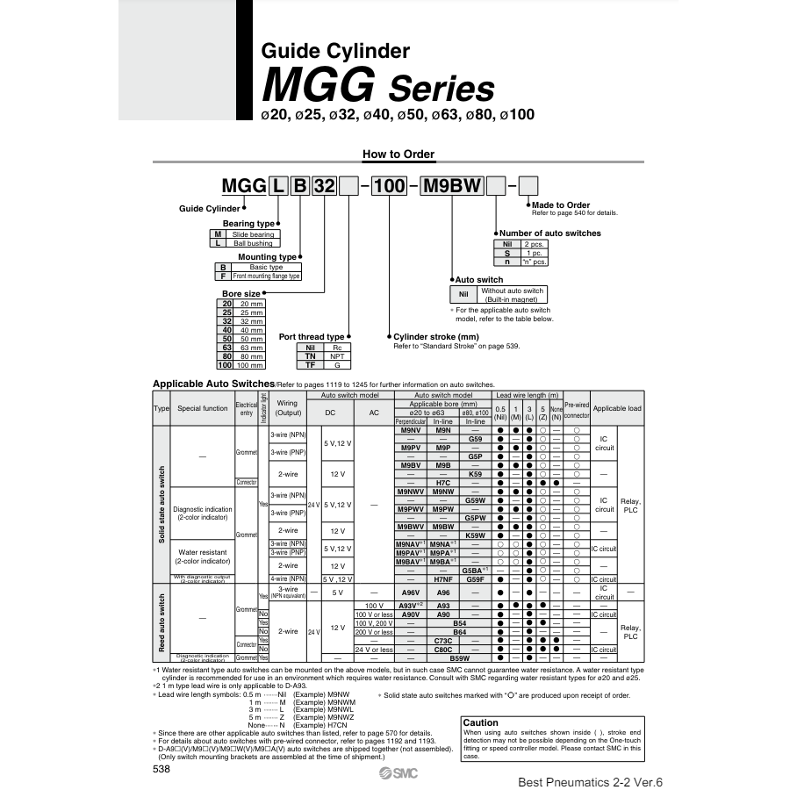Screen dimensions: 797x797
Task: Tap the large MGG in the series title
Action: (319, 88)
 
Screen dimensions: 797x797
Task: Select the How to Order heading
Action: (398, 154)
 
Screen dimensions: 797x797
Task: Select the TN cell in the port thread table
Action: (310, 356)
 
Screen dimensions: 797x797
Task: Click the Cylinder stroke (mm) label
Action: (436, 336)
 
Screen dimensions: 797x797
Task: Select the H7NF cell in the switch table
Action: (442, 579)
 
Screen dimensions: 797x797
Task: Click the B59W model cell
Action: (459, 657)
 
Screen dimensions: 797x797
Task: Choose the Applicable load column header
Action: (616, 408)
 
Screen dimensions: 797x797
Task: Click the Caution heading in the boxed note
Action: (480, 722)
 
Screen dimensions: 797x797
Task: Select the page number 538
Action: (162, 768)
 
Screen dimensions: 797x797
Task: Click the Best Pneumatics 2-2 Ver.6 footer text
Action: (592, 780)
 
